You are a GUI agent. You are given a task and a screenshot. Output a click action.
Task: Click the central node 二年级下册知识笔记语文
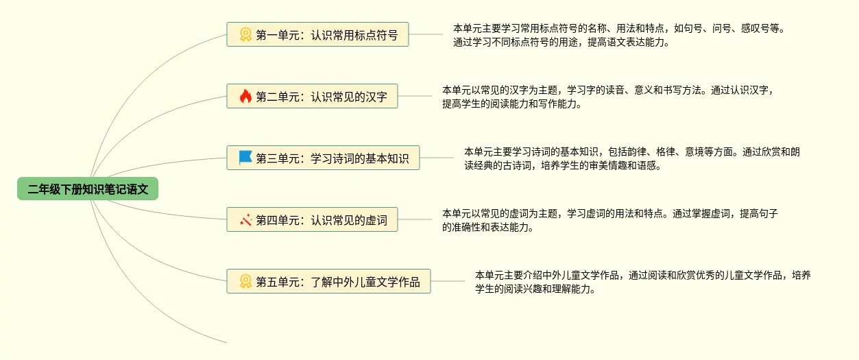pyautogui.click(x=88, y=189)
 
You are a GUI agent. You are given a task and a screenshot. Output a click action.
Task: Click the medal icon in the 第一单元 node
pyautogui.click(x=245, y=34)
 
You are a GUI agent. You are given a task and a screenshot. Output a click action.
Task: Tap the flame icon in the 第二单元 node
pyautogui.click(x=245, y=97)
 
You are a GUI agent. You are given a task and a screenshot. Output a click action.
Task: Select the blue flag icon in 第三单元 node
pyautogui.click(x=245, y=158)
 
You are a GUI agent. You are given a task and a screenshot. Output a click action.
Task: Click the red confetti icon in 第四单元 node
pyautogui.click(x=245, y=220)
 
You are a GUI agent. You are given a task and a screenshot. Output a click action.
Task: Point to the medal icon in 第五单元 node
pyautogui.click(x=245, y=281)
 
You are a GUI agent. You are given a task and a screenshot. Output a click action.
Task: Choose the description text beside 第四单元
pyautogui.click(x=610, y=220)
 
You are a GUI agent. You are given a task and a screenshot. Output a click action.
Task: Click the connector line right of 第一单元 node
pyautogui.click(x=426, y=34)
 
